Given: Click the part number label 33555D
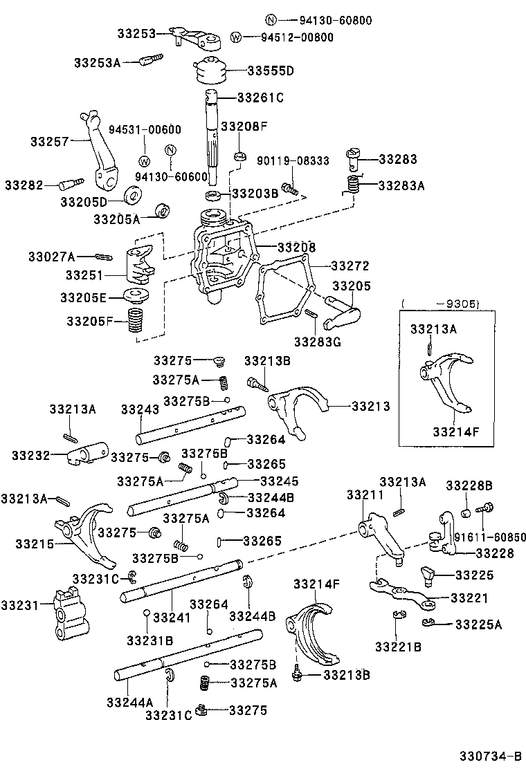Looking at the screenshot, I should [271, 71].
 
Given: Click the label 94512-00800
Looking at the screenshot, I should [297, 37].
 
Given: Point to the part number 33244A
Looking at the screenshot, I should [129, 702].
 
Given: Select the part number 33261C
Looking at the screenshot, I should [260, 98].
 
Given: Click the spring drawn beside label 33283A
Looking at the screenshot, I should [354, 185].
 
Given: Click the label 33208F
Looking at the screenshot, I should [244, 127].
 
